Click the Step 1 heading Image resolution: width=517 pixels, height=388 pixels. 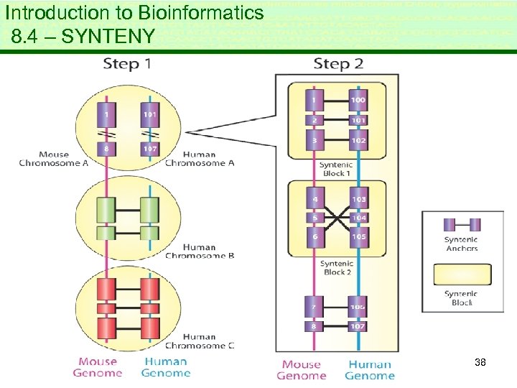click(x=126, y=64)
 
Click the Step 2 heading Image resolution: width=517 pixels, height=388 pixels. click(x=338, y=64)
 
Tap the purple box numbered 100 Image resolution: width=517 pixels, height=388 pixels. click(x=358, y=99)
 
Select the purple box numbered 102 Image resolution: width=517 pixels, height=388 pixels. click(x=358, y=139)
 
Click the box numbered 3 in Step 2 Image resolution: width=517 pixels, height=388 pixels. click(x=314, y=139)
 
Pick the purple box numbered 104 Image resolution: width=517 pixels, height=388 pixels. click(x=358, y=217)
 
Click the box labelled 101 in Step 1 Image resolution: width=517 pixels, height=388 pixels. click(x=150, y=114)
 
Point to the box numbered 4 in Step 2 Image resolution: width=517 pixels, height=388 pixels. click(x=314, y=198)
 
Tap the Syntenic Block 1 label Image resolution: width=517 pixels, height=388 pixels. click(x=336, y=169)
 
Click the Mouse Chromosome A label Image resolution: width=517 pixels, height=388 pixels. click(x=54, y=159)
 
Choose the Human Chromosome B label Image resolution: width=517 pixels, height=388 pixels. click(x=199, y=251)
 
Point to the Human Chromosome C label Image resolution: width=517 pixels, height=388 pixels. click(x=199, y=341)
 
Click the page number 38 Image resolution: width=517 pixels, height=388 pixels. click(x=480, y=363)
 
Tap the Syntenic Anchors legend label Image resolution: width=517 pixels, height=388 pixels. click(x=461, y=244)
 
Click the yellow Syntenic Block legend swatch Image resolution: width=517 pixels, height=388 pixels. click(x=461, y=275)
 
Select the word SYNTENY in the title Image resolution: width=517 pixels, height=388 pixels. click(x=108, y=36)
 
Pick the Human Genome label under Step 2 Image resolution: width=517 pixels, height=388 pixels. click(x=369, y=370)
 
